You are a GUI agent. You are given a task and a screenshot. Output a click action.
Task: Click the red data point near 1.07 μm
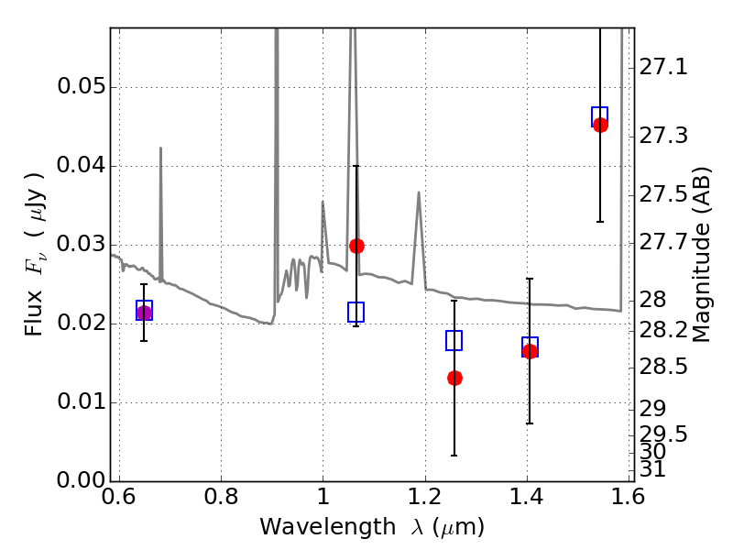pos(356,246)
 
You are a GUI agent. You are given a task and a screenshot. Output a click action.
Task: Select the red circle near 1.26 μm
pos(454,378)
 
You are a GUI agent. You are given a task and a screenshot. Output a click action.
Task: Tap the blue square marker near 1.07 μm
pos(356,312)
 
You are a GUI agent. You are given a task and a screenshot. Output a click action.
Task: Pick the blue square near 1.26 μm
pos(454,340)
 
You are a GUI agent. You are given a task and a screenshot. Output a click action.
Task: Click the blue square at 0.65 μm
pos(144,310)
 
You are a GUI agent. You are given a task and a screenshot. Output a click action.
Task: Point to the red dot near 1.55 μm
pos(600,125)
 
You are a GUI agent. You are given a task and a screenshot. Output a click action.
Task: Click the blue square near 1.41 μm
pos(530,346)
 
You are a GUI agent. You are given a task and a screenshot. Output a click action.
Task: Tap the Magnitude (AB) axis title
pos(704,254)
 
